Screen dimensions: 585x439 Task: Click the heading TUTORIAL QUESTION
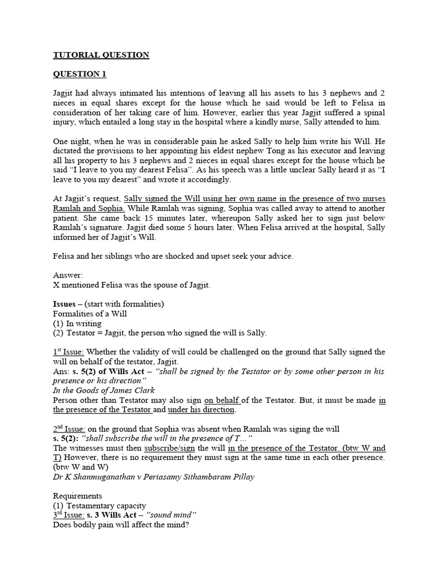(x=101, y=55)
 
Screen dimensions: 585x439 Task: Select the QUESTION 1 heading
(x=79, y=74)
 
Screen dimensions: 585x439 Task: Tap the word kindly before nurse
(x=258, y=122)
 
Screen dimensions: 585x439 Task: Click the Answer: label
(x=68, y=275)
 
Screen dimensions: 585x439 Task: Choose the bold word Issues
(x=65, y=304)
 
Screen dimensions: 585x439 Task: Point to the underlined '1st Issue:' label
(x=68, y=351)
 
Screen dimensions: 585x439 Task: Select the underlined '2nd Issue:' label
(x=69, y=428)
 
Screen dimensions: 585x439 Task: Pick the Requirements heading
(x=78, y=496)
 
